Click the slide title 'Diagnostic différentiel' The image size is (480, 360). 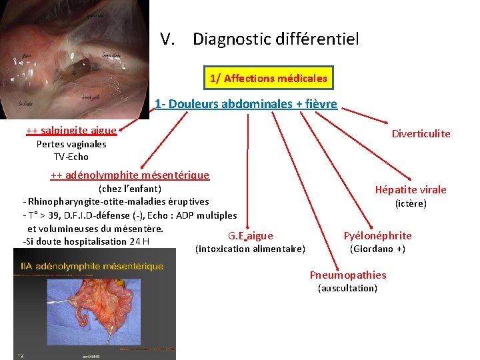click(x=275, y=39)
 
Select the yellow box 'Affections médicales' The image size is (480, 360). click(x=269, y=79)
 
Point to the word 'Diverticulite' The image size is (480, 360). click(x=421, y=134)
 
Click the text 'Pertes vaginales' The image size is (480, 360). click(x=71, y=144)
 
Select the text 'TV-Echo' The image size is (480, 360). click(x=71, y=157)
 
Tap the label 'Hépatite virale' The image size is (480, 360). click(x=411, y=190)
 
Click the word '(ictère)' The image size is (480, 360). click(x=411, y=203)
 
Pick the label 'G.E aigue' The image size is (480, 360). click(x=250, y=235)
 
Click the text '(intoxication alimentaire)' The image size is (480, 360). click(x=250, y=249)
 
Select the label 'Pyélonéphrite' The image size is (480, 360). click(x=377, y=235)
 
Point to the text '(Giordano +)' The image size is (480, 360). click(x=377, y=249)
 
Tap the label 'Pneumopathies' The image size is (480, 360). click(x=348, y=275)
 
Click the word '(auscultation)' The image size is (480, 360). click(x=348, y=288)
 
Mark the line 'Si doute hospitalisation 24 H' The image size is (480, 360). click(x=86, y=241)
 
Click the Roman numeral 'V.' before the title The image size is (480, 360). click(x=167, y=39)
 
